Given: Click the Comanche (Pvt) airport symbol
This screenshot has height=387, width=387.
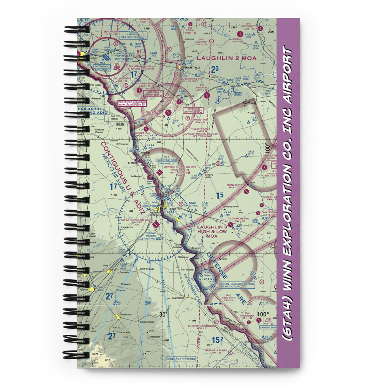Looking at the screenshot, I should pos(231,224).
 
